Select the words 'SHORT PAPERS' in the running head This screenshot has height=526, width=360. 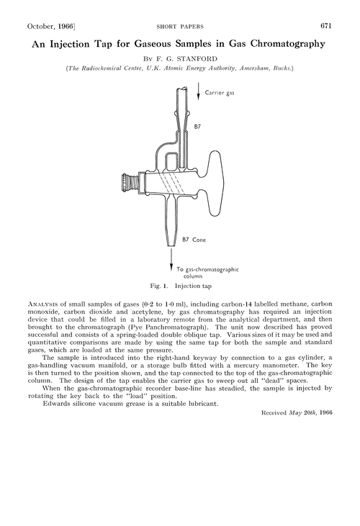coord(179,25)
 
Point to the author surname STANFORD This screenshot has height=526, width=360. coord(197,59)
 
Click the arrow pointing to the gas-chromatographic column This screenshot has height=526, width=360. coord(172,257)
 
